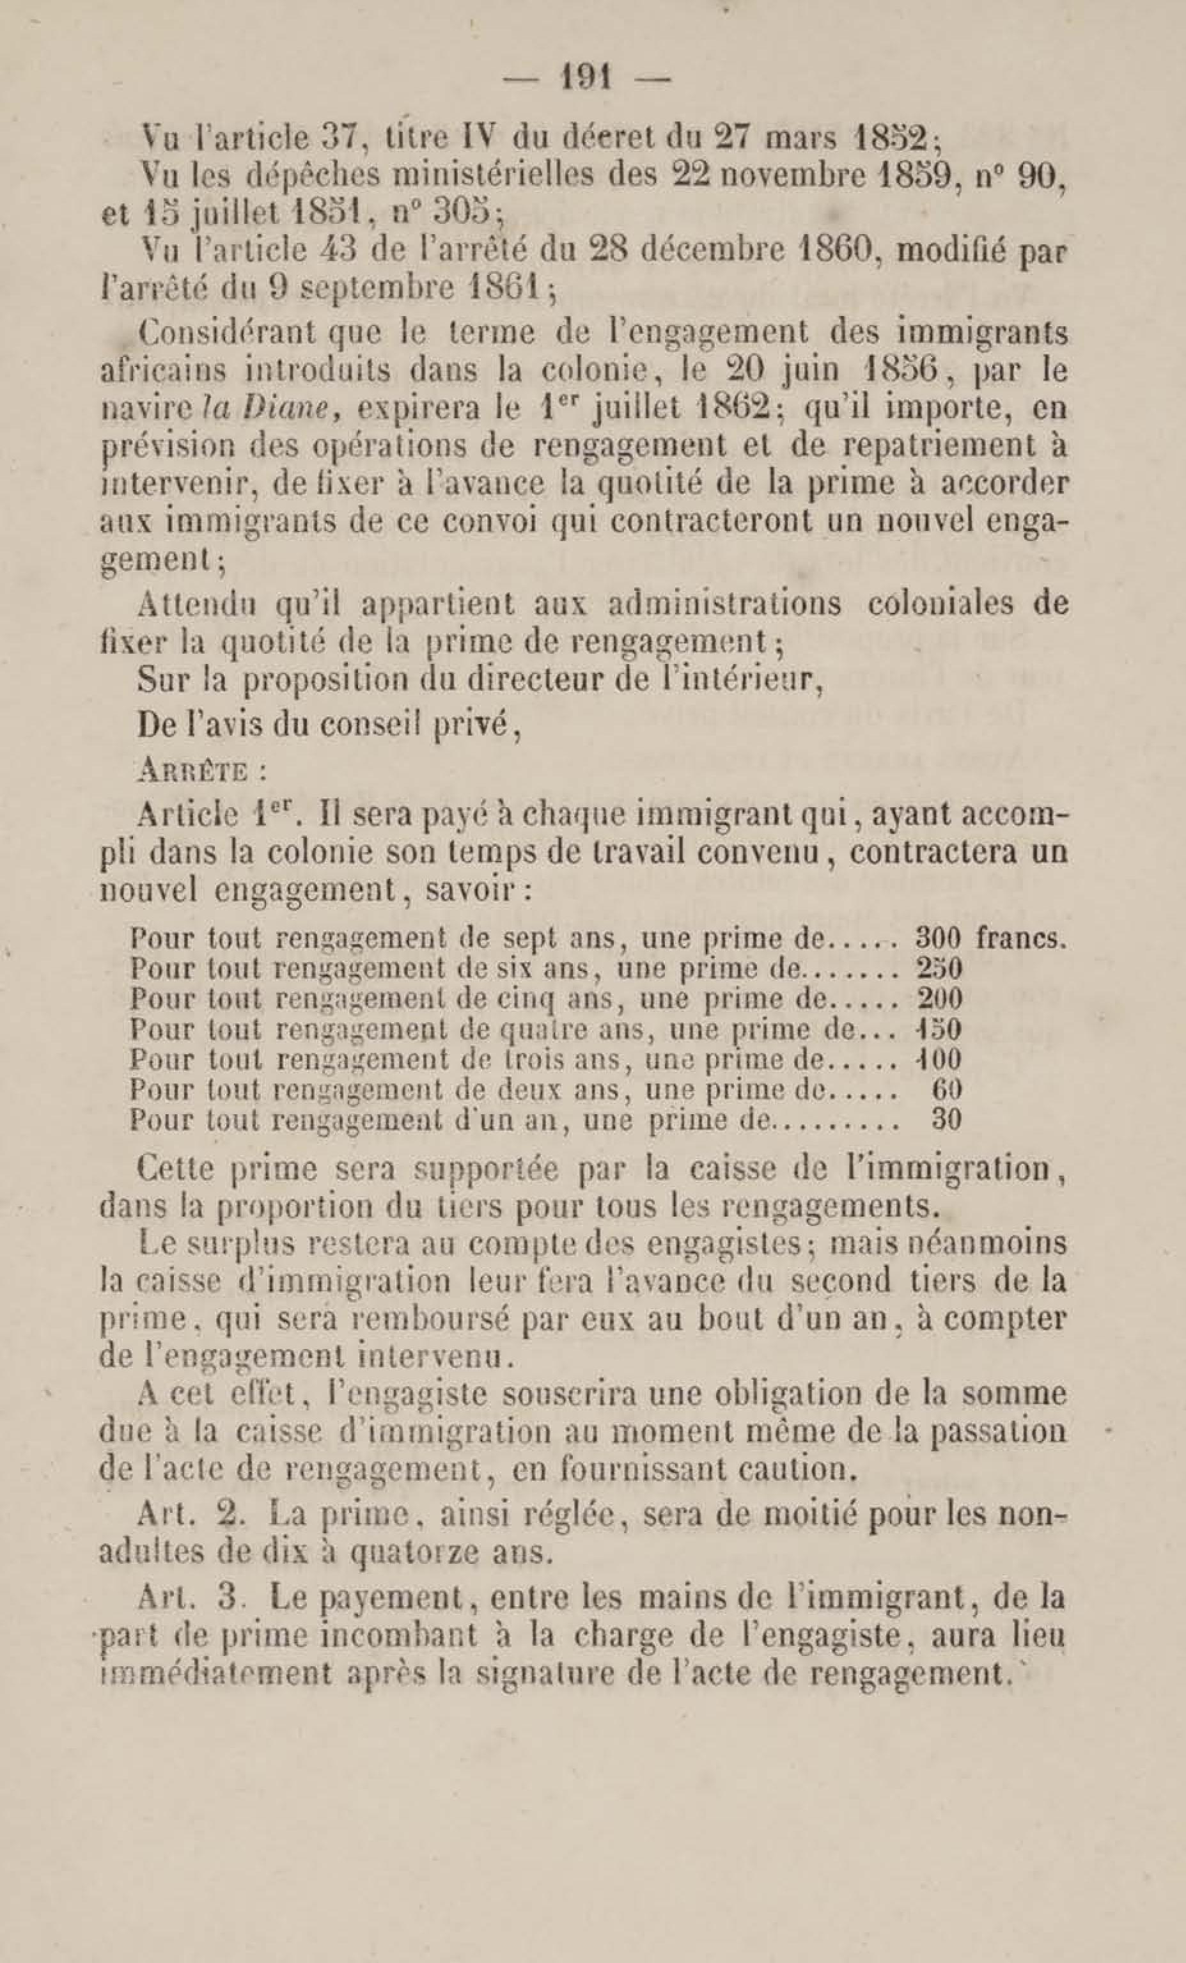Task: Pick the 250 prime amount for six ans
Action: click(940, 969)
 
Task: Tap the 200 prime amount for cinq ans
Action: click(940, 999)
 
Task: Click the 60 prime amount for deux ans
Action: click(946, 1090)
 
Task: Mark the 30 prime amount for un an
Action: click(946, 1120)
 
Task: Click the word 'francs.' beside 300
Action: click(1021, 938)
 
